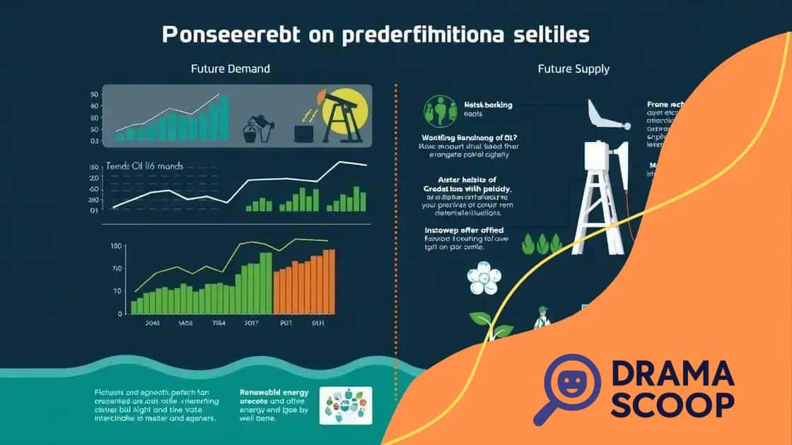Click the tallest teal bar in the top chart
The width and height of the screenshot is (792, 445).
click(x=225, y=118)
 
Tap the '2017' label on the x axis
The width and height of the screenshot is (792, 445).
click(x=252, y=324)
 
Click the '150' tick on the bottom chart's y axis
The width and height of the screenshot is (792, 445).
click(x=117, y=246)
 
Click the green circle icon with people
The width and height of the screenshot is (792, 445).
click(x=438, y=111)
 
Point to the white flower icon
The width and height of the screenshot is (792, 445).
click(x=482, y=277)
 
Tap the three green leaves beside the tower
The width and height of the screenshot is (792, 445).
click(x=535, y=244)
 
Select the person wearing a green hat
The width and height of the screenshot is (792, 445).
click(x=542, y=317)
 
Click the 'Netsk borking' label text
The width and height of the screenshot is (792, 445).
click(x=487, y=105)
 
